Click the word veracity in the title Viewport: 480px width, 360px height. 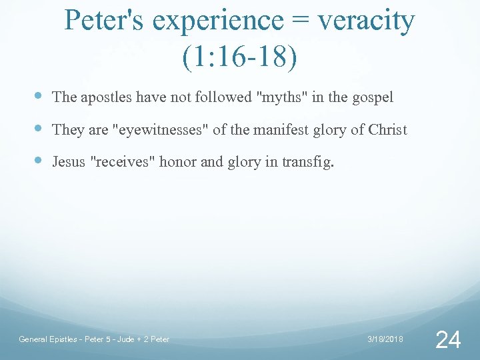[x=365, y=22]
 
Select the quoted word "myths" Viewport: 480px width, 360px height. [x=281, y=97]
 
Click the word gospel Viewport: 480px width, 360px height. [x=372, y=97]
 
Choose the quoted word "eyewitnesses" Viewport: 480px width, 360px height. [x=162, y=129]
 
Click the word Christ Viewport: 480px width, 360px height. [x=387, y=129]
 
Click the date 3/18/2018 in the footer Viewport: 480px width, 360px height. [x=385, y=340]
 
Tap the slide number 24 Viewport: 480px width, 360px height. [x=447, y=339]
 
